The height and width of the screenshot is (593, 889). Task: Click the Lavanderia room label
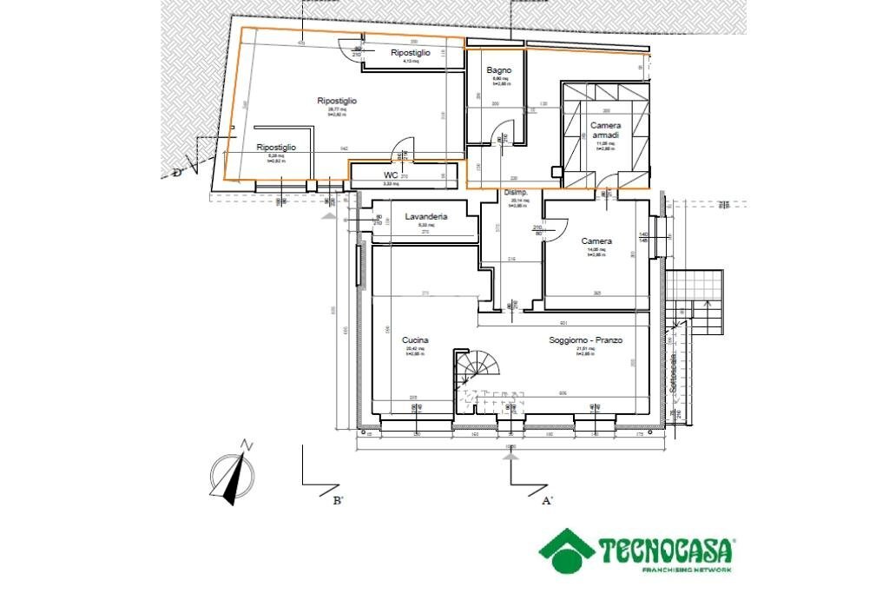pyautogui.click(x=426, y=216)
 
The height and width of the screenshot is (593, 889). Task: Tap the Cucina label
pyautogui.click(x=415, y=341)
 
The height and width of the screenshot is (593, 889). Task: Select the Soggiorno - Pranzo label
pyautogui.click(x=585, y=341)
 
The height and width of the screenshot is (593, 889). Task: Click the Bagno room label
pyautogui.click(x=498, y=70)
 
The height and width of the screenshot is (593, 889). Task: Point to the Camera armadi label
pyautogui.click(x=605, y=130)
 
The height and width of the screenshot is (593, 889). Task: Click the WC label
pyautogui.click(x=391, y=175)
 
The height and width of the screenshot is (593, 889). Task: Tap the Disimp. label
pyautogui.click(x=517, y=193)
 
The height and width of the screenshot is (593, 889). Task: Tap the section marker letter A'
pyautogui.click(x=547, y=500)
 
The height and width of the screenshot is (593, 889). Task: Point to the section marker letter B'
pyautogui.click(x=338, y=500)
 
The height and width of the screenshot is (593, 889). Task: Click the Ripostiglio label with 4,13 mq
pyautogui.click(x=411, y=54)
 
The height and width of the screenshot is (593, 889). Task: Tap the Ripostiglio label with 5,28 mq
pyautogui.click(x=276, y=148)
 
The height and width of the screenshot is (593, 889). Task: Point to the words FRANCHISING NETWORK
pyautogui.click(x=686, y=570)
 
